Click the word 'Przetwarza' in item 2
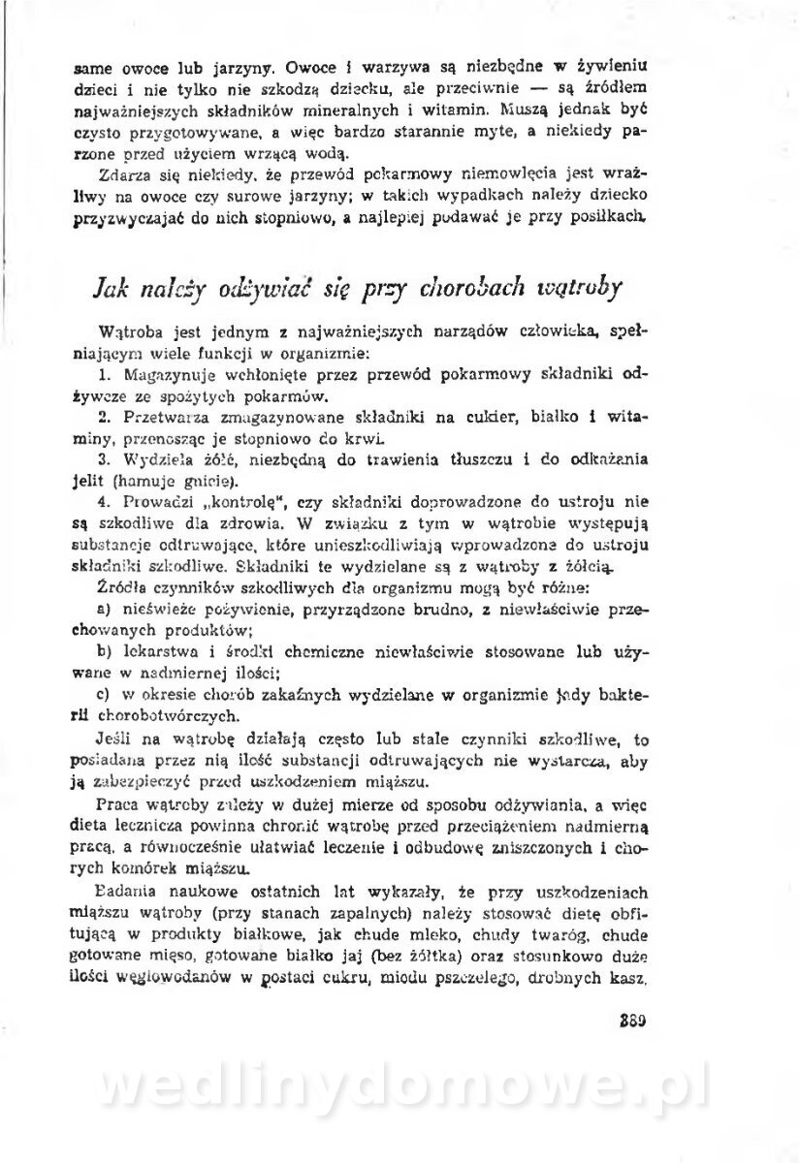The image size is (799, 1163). [x=164, y=417]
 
